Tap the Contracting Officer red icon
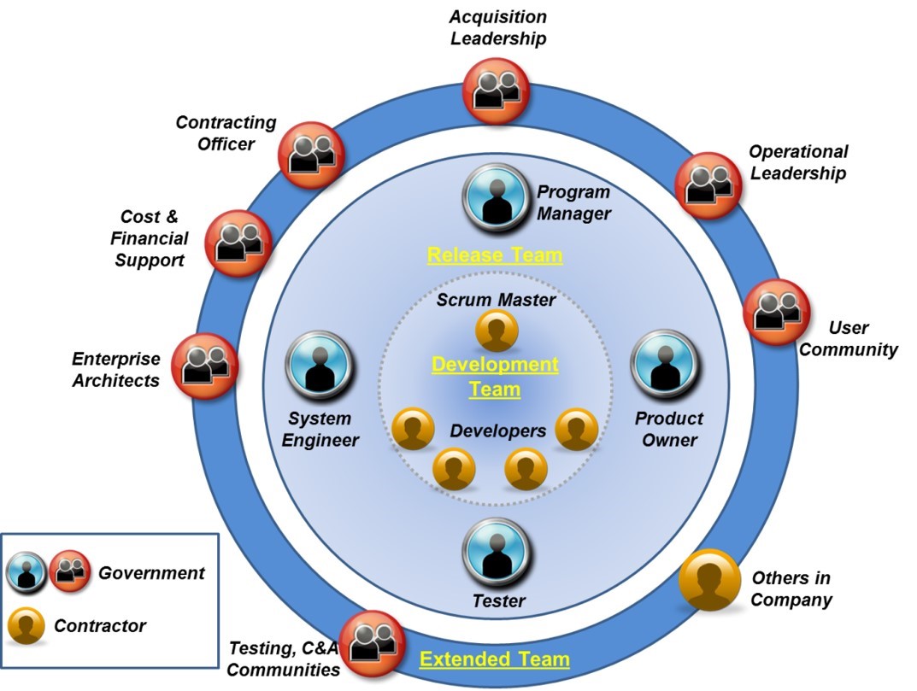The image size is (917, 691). pos(309,154)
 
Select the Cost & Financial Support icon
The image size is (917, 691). pos(238,242)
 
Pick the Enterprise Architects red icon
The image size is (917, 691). pos(205,366)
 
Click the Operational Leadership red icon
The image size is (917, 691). pos(708,184)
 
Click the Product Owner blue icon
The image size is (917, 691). pos(665,366)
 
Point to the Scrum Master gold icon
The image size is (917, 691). pos(497,331)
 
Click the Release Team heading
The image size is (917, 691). pos(495,255)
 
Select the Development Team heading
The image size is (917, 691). pos(495,377)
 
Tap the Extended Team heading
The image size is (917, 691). pos(494,659)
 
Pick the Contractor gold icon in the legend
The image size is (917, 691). pos(26,627)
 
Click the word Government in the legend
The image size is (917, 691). pos(151,573)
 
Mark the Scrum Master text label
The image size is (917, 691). pos(496,300)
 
